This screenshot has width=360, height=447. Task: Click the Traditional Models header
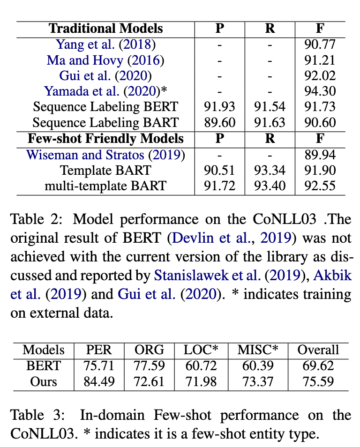tap(105, 28)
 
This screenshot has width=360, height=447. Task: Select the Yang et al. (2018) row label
tap(105, 45)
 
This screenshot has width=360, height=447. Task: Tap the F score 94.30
tap(320, 91)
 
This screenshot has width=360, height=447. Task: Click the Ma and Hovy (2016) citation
tap(105, 60)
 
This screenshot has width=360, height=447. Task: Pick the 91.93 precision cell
tap(219, 107)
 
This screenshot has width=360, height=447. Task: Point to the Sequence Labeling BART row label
tap(105, 123)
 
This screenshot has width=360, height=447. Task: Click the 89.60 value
tap(219, 123)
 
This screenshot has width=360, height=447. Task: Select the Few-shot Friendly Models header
tap(105, 138)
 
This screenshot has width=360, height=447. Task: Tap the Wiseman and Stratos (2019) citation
tap(105, 154)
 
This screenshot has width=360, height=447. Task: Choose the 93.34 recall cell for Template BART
tap(270, 170)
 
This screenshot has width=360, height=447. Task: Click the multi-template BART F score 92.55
tap(320, 186)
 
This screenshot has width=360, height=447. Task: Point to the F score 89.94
tap(320, 154)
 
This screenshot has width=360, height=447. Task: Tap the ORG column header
tap(149, 350)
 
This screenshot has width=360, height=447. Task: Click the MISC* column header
tap(257, 350)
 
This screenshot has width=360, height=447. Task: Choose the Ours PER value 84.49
tap(99, 381)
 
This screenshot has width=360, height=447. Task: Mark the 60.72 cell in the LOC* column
tap(201, 365)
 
